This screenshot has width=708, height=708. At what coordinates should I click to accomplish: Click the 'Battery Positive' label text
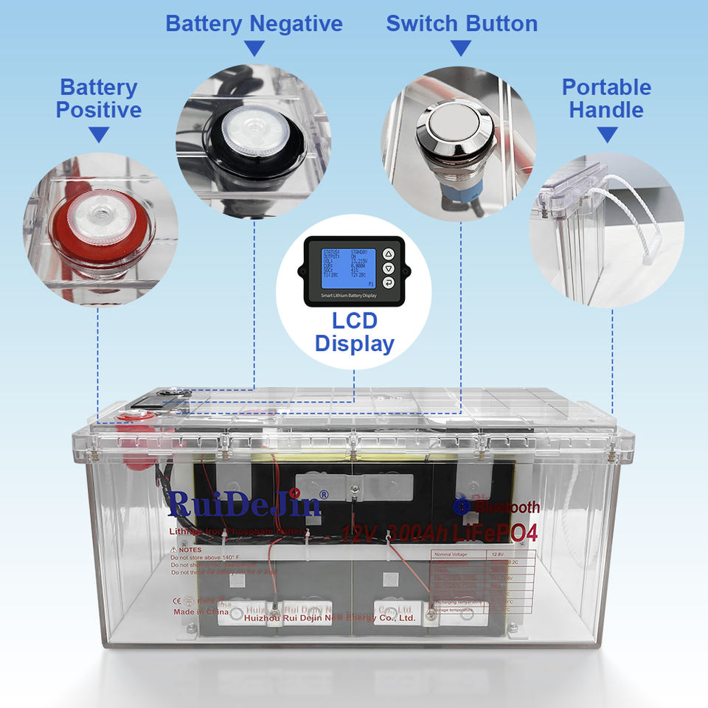(x=99, y=99)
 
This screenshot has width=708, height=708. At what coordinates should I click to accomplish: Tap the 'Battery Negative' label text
(x=254, y=24)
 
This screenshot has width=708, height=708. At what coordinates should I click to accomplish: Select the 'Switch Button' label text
(x=462, y=24)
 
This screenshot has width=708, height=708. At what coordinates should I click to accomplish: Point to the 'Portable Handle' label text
(x=606, y=99)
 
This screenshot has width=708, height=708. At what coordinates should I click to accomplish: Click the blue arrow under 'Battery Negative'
(x=254, y=49)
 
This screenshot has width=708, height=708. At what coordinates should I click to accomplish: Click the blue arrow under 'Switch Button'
(x=461, y=49)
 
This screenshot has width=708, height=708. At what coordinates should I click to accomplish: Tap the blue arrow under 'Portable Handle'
(x=606, y=135)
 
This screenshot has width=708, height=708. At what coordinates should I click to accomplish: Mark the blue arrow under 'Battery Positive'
(x=99, y=135)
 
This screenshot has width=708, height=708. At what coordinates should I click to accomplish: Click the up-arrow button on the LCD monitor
(x=389, y=254)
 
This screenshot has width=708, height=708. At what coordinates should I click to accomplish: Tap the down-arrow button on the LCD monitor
(x=389, y=268)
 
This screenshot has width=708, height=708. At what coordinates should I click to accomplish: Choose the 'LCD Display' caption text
(x=355, y=333)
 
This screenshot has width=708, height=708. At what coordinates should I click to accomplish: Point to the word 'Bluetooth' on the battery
(x=507, y=507)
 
